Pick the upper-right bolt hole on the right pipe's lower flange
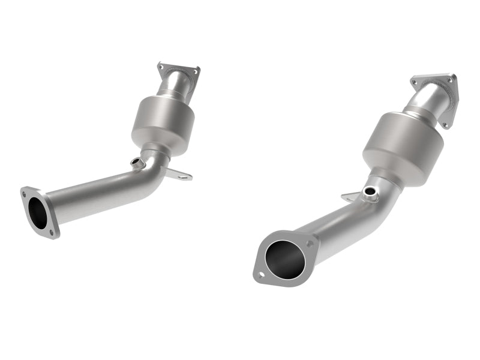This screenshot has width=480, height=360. coord(310,244)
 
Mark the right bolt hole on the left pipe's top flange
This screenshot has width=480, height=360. coord(195,72)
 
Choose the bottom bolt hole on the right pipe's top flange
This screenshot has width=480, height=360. coord(445,125)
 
